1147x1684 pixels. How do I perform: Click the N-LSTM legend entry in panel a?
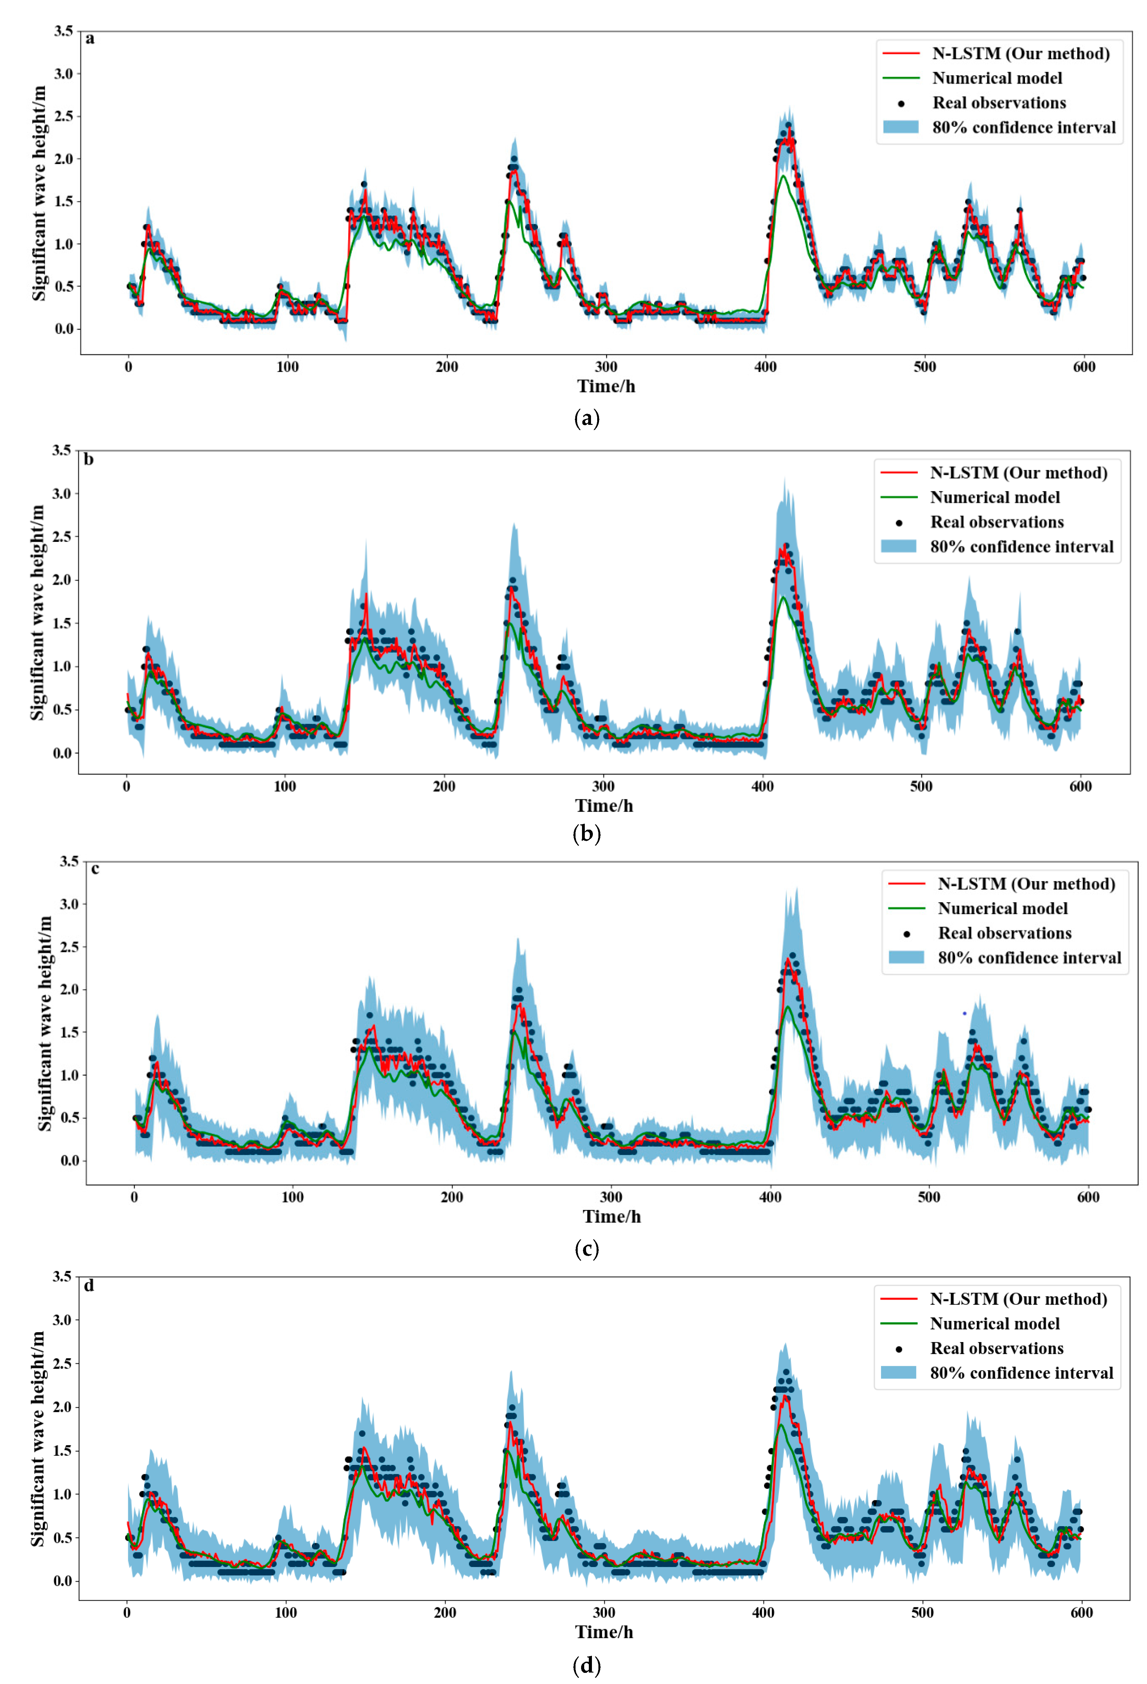[1020, 54]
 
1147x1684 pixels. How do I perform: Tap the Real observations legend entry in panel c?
[1004, 933]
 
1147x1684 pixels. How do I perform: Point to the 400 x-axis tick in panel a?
[766, 367]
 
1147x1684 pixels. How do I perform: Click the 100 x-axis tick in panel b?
[285, 786]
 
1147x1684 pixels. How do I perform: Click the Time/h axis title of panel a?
[606, 386]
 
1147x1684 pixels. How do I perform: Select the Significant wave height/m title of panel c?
[45, 1023]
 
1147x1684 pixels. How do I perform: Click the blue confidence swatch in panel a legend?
[901, 127]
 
